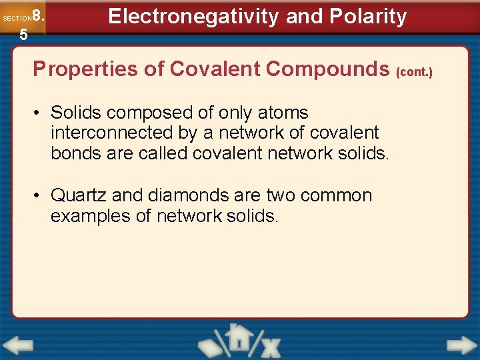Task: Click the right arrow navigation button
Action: pyautogui.click(x=461, y=345)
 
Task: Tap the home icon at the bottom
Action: pyautogui.click(x=237, y=338)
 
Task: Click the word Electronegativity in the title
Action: pyautogui.click(x=193, y=16)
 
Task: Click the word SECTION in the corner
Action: pyautogui.click(x=16, y=18)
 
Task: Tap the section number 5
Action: pyautogui.click(x=23, y=35)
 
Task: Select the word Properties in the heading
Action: pyautogui.click(x=79, y=69)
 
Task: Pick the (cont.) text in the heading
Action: pyautogui.click(x=415, y=71)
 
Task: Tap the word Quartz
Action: pyautogui.click(x=79, y=196)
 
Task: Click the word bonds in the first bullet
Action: pyautogui.click(x=76, y=153)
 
